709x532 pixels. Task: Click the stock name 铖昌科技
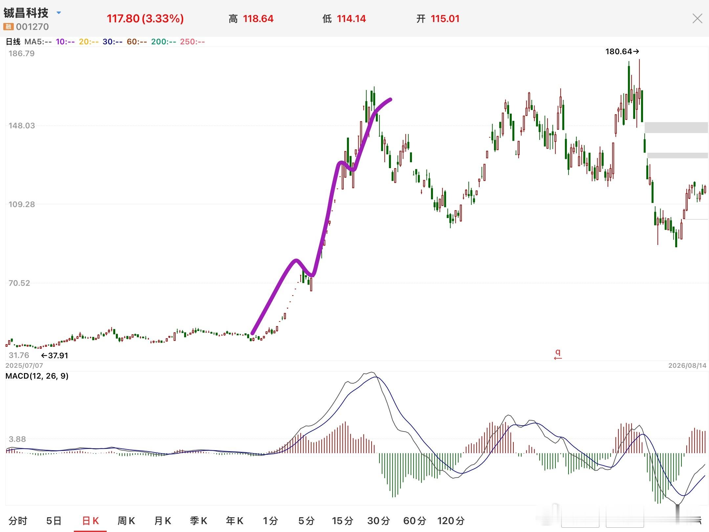click(26, 13)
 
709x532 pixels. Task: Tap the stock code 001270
click(32, 27)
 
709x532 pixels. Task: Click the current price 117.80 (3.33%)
click(145, 19)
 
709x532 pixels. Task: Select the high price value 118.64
click(258, 19)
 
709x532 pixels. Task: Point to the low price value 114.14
click(351, 19)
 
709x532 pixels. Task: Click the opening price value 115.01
click(445, 19)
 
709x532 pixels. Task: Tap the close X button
click(697, 18)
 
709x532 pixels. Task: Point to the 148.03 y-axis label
click(21, 126)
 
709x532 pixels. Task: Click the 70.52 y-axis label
click(19, 283)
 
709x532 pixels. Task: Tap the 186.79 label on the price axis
click(21, 54)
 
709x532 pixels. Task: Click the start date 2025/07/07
click(24, 366)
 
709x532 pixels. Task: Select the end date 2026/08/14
click(687, 366)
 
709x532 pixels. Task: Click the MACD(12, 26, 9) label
click(37, 376)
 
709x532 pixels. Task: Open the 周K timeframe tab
click(126, 521)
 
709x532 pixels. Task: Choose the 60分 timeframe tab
click(415, 521)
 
